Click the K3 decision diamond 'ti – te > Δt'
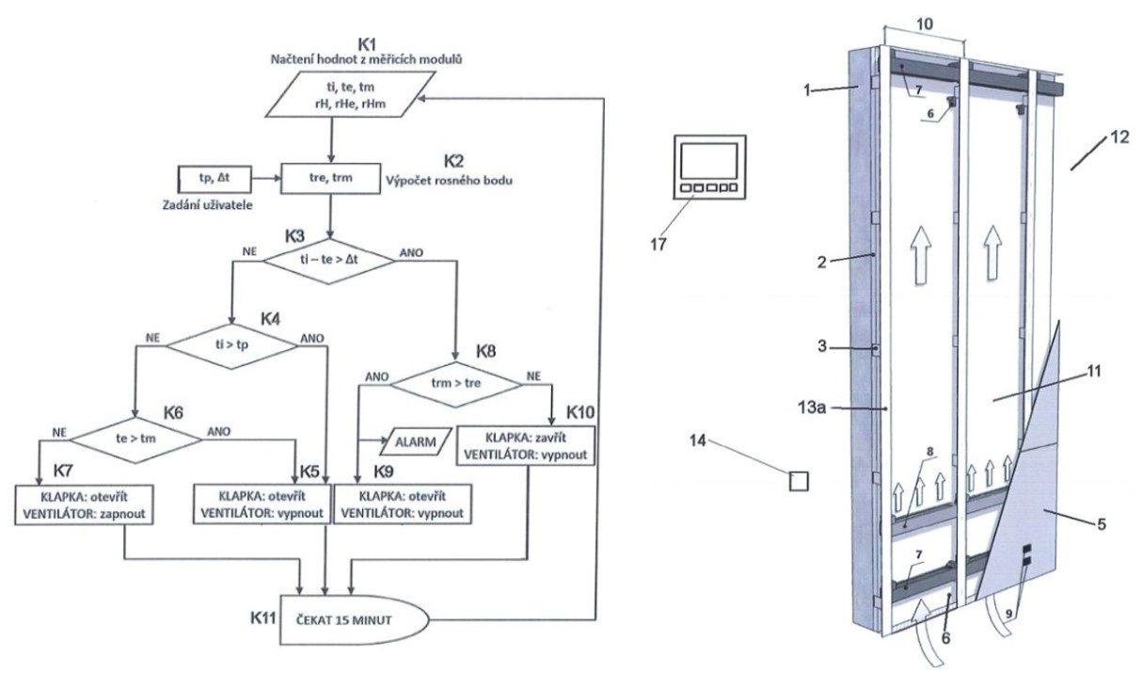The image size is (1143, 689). (329, 261)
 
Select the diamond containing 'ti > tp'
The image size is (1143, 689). (231, 346)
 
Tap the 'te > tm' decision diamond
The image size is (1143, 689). (135, 440)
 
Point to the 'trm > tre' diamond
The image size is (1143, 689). (455, 384)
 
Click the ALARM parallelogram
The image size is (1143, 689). (416, 441)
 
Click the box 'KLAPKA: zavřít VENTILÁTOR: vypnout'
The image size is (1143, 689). (526, 445)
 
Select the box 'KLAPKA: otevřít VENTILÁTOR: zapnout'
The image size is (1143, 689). (84, 505)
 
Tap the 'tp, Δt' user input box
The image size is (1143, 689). (214, 179)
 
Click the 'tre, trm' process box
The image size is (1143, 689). (330, 178)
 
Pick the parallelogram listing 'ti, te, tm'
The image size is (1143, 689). (350, 95)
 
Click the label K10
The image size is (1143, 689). (580, 412)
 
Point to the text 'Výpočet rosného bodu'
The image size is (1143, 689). (449, 180)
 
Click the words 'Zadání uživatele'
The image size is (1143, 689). (207, 205)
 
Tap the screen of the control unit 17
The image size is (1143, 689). (708, 161)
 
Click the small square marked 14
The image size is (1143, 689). (799, 481)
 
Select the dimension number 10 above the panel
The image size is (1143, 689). (925, 24)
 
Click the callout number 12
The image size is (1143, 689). (1119, 137)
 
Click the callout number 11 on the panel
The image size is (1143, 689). (1093, 371)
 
